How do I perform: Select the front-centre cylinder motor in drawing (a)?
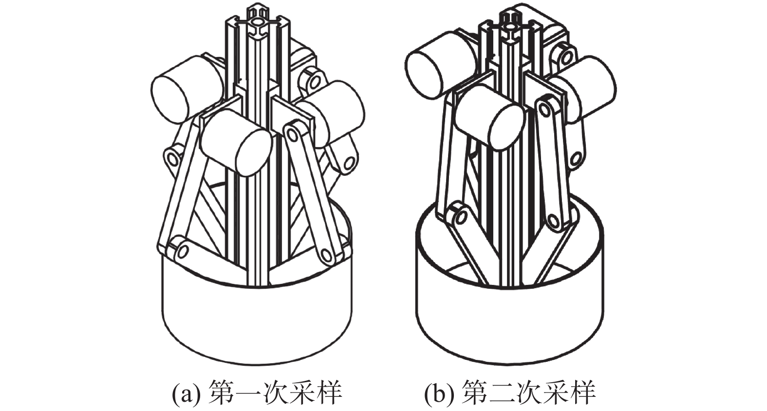[236, 144]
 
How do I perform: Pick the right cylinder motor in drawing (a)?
[337, 113]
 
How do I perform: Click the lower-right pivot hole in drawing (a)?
[326, 255]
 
